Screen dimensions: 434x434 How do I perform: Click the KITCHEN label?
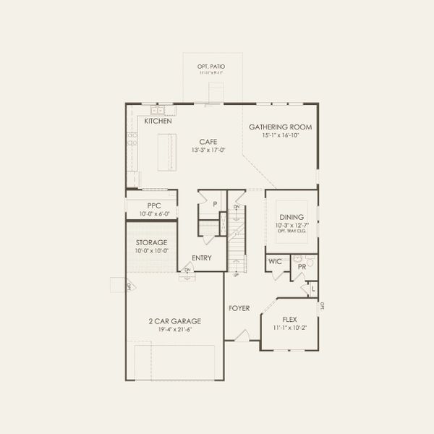[158, 122]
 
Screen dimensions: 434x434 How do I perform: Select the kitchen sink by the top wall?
[158, 110]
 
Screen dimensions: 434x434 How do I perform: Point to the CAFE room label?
[209, 142]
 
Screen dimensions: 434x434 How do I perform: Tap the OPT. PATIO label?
[210, 67]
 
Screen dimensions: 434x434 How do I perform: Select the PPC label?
[153, 205]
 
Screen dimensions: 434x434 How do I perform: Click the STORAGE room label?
[152, 242]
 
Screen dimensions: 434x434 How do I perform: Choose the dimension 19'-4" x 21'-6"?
[174, 329]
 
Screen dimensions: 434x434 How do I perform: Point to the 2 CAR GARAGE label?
[174, 321]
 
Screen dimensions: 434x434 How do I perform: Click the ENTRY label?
[202, 258]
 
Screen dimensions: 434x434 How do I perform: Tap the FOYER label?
[239, 308]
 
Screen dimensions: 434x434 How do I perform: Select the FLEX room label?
[289, 318]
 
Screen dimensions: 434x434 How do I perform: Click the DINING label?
[292, 217]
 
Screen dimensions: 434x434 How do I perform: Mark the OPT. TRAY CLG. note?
[292, 231]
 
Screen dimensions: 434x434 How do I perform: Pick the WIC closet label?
[275, 260]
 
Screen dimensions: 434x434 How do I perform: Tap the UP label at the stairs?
[235, 276]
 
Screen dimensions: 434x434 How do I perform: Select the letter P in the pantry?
[215, 205]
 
